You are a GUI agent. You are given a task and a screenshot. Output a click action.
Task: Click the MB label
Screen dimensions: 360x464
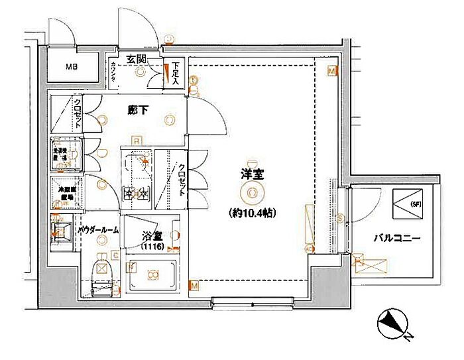[71, 67]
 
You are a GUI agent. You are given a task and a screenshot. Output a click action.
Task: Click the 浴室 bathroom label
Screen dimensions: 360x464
[151, 235]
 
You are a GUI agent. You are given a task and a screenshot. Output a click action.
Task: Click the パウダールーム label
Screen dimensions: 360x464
[98, 229]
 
